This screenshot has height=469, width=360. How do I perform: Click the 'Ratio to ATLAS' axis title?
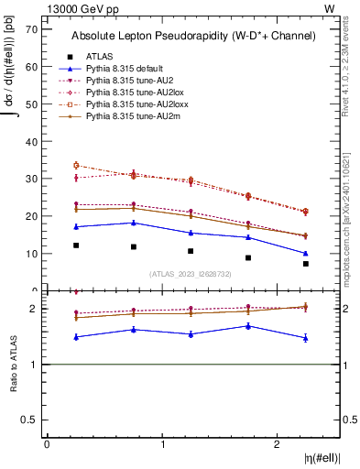pyautogui.click(x=14, y=365)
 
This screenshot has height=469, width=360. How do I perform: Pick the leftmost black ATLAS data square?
pyautogui.click(x=76, y=245)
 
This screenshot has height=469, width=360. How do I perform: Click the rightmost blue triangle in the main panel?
pyautogui.click(x=306, y=254)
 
